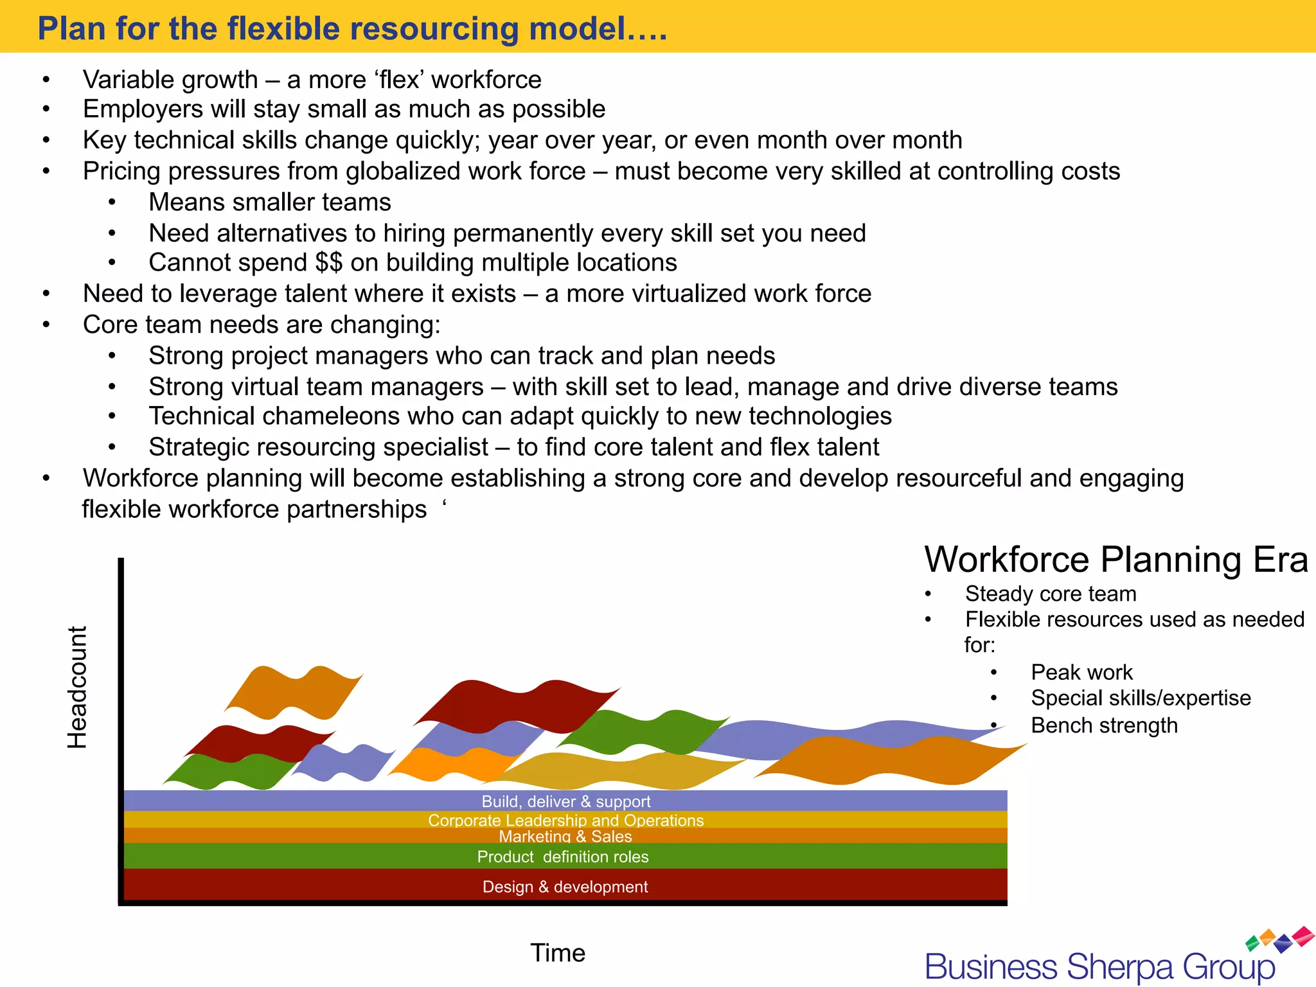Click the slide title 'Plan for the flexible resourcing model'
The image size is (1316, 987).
[x=352, y=29]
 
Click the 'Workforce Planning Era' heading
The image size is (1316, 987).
[x=1116, y=559]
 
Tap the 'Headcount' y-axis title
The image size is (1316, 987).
[x=77, y=687]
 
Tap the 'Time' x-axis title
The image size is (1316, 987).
[x=557, y=952]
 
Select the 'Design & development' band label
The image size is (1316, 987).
[x=565, y=887]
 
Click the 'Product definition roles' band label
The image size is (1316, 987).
[x=562, y=857]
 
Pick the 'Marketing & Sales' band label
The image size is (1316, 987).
[x=565, y=836]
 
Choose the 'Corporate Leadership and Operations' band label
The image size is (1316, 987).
[x=565, y=820]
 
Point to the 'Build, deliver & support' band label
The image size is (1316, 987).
[x=565, y=801]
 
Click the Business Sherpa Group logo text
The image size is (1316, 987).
[x=1099, y=967]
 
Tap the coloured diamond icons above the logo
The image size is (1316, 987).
[x=1279, y=939]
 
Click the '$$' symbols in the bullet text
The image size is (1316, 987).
[x=328, y=263]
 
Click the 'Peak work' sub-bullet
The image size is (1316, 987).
[x=1081, y=672]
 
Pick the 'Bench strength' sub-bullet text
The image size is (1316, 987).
[x=1104, y=725]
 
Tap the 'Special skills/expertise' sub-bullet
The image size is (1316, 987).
[x=1141, y=698]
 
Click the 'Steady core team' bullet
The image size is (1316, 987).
[x=1051, y=593]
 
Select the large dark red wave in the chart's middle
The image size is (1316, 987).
[x=514, y=706]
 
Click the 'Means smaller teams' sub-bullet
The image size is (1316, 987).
[x=270, y=202]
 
